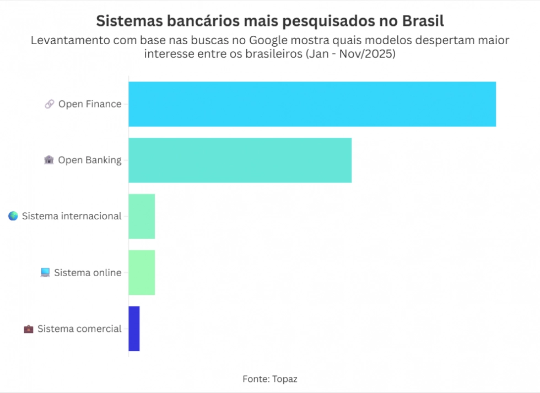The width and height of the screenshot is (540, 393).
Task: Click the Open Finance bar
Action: coord(312,104)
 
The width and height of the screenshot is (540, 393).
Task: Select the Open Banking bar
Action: coord(240,160)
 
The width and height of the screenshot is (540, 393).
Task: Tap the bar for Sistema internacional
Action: coord(142,216)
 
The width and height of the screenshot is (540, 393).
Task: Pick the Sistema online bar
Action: coord(142,272)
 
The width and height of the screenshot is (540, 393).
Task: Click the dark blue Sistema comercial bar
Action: coord(134,329)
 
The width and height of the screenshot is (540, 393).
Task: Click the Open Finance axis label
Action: coord(90,104)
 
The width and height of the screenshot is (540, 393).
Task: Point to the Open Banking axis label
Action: coord(90,160)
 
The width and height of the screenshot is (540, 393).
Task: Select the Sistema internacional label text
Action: coord(72,216)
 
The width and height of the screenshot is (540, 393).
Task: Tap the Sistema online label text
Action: coord(88,272)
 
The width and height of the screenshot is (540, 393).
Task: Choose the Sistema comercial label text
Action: coord(79,329)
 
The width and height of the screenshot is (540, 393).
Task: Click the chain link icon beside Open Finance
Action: coord(50,104)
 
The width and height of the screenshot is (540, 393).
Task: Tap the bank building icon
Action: coord(49,160)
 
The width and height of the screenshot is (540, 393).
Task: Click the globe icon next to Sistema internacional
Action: coord(13,216)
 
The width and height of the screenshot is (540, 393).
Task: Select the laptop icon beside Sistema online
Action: coord(45,272)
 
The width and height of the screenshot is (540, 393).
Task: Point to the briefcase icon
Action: coord(29,329)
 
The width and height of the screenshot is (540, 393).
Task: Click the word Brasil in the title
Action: coord(423,21)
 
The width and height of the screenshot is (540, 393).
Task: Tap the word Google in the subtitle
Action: coord(270,40)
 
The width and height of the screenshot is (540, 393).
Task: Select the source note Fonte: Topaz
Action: coord(270,379)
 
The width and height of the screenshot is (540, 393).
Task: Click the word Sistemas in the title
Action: coord(128,21)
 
